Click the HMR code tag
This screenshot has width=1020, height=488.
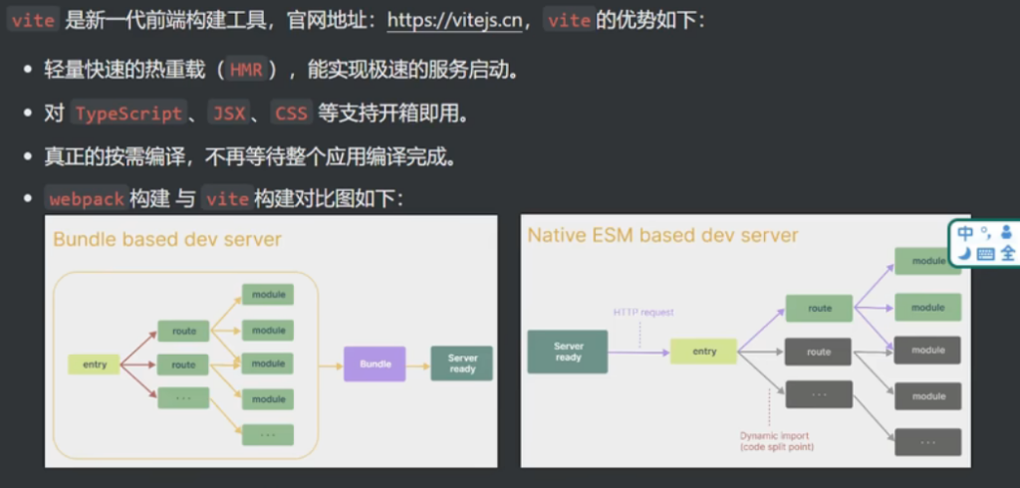(x=246, y=70)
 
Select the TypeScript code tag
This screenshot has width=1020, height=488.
(x=128, y=113)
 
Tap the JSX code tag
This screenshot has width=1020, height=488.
(x=228, y=113)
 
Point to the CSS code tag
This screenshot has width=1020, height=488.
(x=291, y=113)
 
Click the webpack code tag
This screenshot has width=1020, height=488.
(x=86, y=198)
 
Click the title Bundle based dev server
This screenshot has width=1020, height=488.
(x=167, y=239)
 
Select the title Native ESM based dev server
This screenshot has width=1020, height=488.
(x=662, y=235)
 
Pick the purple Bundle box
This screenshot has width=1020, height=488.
(x=375, y=365)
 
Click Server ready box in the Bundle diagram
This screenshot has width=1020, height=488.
(x=462, y=364)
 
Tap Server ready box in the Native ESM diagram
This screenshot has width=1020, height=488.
(x=568, y=352)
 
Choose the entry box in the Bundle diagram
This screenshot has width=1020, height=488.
(x=95, y=365)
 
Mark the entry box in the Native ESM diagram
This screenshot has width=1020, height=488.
(x=703, y=352)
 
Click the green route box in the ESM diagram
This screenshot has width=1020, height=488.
(x=819, y=309)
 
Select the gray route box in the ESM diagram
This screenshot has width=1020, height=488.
(x=819, y=352)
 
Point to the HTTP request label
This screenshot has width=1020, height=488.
(x=642, y=312)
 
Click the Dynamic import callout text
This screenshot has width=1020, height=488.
(x=774, y=441)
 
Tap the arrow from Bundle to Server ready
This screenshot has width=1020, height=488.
(x=418, y=365)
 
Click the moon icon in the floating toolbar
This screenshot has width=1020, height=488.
(x=964, y=253)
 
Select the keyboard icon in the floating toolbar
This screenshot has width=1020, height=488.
(x=985, y=254)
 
